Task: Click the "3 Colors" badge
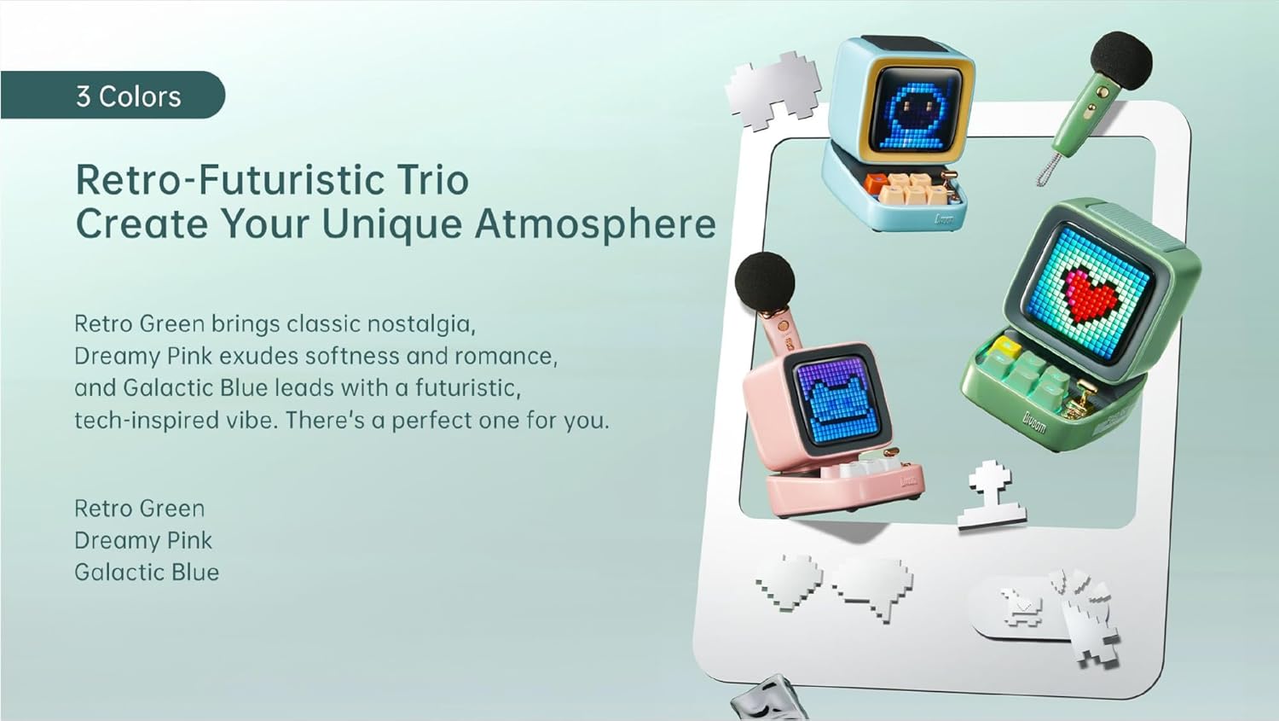click(113, 95)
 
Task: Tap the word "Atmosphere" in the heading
click(595, 224)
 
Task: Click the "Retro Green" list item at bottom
click(139, 509)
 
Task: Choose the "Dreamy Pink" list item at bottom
click(143, 540)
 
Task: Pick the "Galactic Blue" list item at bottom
click(147, 573)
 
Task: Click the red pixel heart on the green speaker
click(1091, 297)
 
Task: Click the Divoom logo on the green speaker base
click(1034, 423)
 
